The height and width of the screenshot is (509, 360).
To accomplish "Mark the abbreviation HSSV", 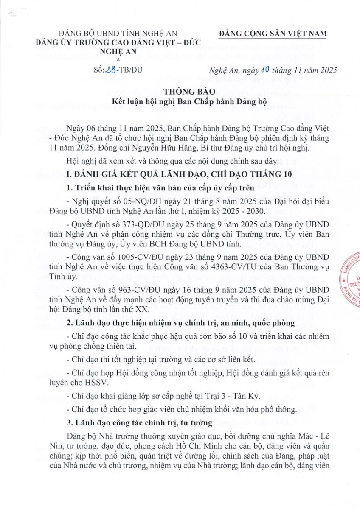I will pos(96,382).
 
